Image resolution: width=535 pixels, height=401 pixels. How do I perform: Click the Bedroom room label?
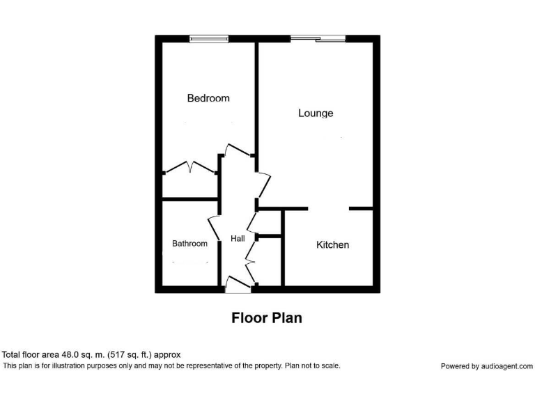point(208,98)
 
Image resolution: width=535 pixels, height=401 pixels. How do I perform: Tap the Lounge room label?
point(316,113)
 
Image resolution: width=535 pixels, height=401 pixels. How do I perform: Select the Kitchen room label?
point(332,245)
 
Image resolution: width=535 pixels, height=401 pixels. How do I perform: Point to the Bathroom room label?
point(189,244)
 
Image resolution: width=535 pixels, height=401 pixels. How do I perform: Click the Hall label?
point(238,239)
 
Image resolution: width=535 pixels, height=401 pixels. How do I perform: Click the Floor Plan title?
point(267,318)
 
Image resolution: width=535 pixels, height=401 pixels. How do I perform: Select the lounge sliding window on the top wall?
point(318,38)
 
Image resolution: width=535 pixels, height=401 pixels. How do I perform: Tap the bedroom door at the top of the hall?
point(238,151)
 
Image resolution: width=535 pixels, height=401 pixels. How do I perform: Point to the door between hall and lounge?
point(264,184)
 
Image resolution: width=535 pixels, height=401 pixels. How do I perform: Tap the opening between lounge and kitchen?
point(328,208)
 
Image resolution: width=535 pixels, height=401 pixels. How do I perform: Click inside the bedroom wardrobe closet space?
point(190,186)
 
